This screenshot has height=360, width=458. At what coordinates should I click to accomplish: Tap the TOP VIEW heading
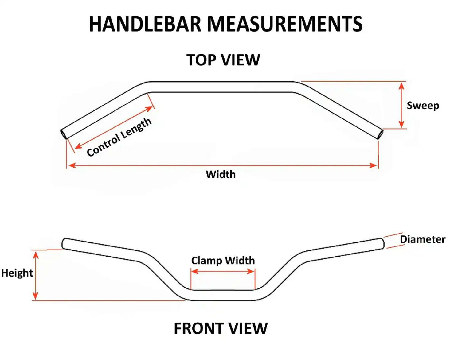pyautogui.click(x=223, y=60)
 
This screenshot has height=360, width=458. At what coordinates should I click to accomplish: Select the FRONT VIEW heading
pyautogui.click(x=221, y=328)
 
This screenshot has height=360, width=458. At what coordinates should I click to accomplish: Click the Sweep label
pyautogui.click(x=423, y=106)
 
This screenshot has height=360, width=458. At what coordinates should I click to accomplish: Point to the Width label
pyautogui.click(x=221, y=174)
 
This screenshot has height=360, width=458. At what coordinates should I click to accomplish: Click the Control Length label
pyautogui.click(x=119, y=137)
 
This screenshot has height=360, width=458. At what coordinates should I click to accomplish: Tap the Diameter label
pyautogui.click(x=422, y=239)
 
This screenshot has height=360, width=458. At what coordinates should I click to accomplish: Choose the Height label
pyautogui.click(x=17, y=273)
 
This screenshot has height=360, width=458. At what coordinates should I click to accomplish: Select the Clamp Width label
pyautogui.click(x=223, y=261)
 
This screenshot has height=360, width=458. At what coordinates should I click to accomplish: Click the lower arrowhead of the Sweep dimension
pyautogui.click(x=401, y=125)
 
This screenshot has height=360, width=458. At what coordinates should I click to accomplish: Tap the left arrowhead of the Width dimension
pyautogui.click(x=72, y=165)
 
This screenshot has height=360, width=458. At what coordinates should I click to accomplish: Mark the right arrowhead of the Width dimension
pyautogui.click(x=374, y=165)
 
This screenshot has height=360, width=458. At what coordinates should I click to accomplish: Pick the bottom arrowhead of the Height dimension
pyautogui.click(x=36, y=296)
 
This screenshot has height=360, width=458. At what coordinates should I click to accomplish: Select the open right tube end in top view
pyautogui.click(x=381, y=134)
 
